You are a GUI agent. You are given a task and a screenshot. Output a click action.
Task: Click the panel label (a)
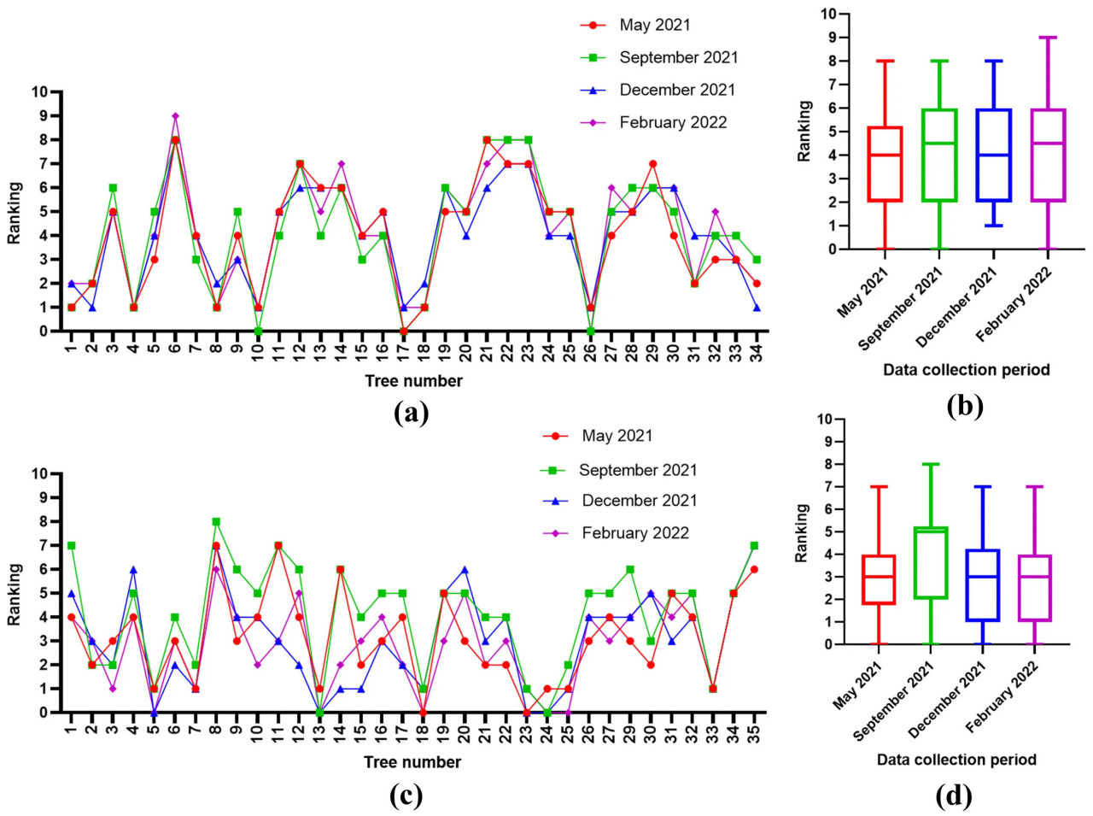(x=412, y=414)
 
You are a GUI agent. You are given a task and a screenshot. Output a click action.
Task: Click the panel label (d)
(x=953, y=796)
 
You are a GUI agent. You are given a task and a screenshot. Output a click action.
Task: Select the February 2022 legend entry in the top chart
(x=673, y=122)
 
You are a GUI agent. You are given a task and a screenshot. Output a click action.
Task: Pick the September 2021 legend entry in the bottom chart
(x=637, y=470)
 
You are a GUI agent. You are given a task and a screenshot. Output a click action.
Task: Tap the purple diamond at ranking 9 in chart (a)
(x=175, y=116)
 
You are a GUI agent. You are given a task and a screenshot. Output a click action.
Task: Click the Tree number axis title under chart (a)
(x=413, y=381)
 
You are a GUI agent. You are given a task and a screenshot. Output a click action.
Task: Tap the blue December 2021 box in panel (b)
(x=994, y=156)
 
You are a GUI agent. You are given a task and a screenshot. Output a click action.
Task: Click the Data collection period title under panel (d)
(x=956, y=760)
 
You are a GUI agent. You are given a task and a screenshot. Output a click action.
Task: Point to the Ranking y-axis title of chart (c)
(x=15, y=593)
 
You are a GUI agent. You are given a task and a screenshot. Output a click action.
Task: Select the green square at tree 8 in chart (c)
(x=216, y=521)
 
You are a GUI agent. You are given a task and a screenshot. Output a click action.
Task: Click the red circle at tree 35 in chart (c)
(x=754, y=569)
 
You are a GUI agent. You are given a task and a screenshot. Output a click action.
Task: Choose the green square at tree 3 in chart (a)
(x=113, y=188)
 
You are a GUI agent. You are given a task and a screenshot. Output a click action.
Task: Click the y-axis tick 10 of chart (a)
(x=40, y=92)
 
